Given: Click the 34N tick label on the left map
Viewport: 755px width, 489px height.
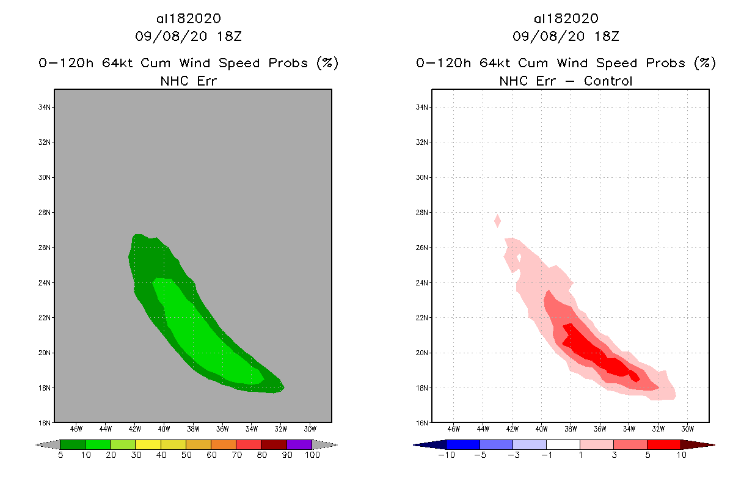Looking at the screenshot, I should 45,108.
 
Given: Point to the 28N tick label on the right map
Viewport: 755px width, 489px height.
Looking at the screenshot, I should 422,213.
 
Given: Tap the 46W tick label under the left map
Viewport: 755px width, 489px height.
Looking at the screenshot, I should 76,428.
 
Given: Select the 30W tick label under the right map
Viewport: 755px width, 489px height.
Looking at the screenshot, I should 687,428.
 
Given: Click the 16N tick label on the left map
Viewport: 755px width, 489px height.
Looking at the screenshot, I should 45,422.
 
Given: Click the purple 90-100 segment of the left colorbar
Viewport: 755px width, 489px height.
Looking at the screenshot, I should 299,444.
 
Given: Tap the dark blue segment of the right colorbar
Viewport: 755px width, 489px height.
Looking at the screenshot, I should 463,444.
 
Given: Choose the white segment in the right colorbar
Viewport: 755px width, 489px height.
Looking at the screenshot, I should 563,444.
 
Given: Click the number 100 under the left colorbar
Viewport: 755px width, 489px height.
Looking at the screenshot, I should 312,455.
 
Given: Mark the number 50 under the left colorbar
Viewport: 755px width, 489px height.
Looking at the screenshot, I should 186,455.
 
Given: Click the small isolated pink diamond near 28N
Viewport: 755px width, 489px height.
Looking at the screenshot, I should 498,221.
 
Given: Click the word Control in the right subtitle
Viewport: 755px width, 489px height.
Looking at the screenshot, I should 608,81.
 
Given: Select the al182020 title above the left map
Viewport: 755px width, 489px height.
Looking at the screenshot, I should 188,19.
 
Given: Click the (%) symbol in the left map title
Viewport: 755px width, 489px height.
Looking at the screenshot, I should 327,63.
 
